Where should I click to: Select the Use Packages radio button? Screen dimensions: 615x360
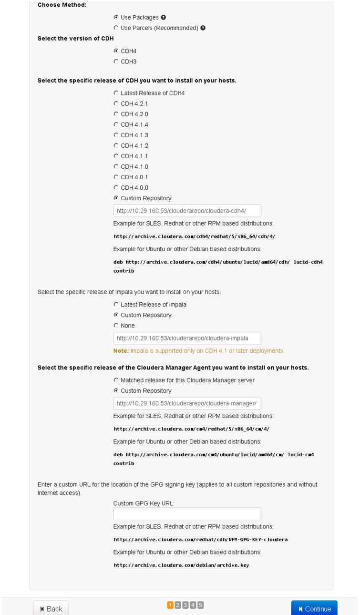click(116, 18)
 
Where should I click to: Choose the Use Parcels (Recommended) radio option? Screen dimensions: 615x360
click(116, 28)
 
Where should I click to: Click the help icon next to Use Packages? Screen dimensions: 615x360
click(164, 18)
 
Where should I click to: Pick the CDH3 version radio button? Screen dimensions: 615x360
click(116, 61)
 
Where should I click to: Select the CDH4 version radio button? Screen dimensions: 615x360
click(116, 51)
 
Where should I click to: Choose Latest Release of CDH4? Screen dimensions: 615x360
click(116, 93)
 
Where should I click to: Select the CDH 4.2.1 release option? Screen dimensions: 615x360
click(116, 103)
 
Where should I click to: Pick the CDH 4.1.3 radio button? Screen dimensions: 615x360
click(116, 135)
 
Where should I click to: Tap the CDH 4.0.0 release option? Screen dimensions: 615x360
click(116, 187)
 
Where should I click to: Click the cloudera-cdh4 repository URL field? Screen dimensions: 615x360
click(187, 211)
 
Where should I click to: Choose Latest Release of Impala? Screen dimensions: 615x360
click(116, 304)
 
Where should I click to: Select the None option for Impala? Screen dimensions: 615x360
click(116, 326)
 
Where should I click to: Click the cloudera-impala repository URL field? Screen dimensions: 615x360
click(187, 338)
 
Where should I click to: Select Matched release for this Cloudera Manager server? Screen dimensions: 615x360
click(116, 380)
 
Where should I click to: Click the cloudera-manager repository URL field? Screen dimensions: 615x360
click(187, 403)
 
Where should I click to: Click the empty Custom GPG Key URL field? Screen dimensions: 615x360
click(187, 514)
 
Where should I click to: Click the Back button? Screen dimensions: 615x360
click(51, 608)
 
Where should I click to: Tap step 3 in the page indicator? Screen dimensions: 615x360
click(185, 605)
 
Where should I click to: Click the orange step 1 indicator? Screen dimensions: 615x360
click(170, 605)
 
